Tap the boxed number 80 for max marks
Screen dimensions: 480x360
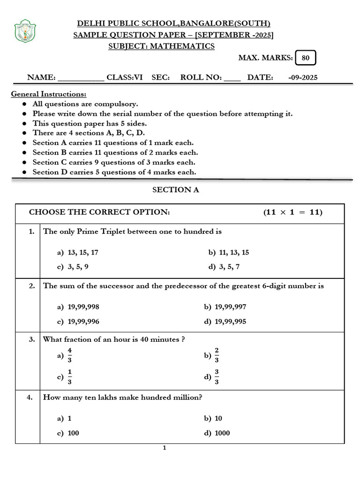click(306, 58)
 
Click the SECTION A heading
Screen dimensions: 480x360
click(172, 190)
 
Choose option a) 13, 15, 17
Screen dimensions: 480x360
click(78, 252)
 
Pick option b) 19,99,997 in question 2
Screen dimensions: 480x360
click(225, 307)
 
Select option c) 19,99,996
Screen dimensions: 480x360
click(78, 322)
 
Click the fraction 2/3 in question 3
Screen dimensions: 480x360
click(217, 356)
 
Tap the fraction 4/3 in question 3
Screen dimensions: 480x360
click(69, 356)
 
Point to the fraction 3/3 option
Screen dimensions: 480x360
click(217, 377)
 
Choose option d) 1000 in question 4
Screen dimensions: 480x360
click(217, 433)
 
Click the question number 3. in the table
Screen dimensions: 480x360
click(31, 339)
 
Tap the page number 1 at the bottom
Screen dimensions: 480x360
click(165, 448)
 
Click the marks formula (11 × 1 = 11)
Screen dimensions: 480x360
click(292, 212)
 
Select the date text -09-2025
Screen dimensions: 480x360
click(303, 77)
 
